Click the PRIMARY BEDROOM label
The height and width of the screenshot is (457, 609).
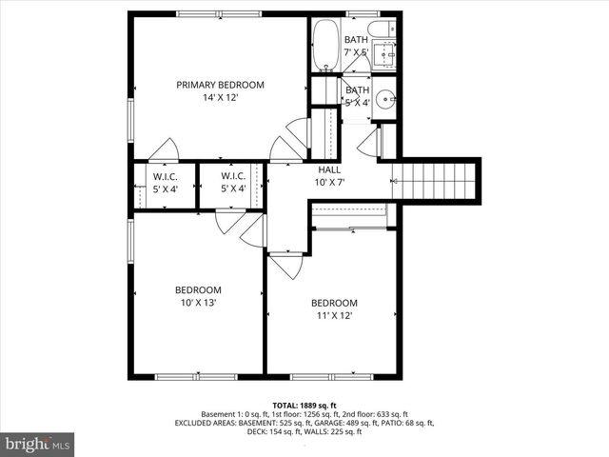click(220, 85)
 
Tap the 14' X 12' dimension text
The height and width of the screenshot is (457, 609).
click(220, 98)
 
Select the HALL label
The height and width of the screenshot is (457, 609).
click(329, 169)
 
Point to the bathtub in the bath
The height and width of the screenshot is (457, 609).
click(325, 45)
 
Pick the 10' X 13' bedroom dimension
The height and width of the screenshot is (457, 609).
click(198, 303)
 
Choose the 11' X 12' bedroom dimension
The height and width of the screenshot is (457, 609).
click(333, 316)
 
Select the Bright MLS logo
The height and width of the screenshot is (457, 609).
click(39, 444)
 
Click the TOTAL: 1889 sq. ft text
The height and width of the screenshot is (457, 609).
click(304, 406)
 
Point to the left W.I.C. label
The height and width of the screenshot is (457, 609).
click(165, 176)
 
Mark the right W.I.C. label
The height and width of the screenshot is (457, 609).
click(233, 176)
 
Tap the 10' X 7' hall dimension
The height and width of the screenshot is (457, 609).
click(329, 182)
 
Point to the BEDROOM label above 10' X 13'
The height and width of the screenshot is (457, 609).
click(198, 290)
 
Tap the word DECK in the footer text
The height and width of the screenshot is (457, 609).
click(257, 432)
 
